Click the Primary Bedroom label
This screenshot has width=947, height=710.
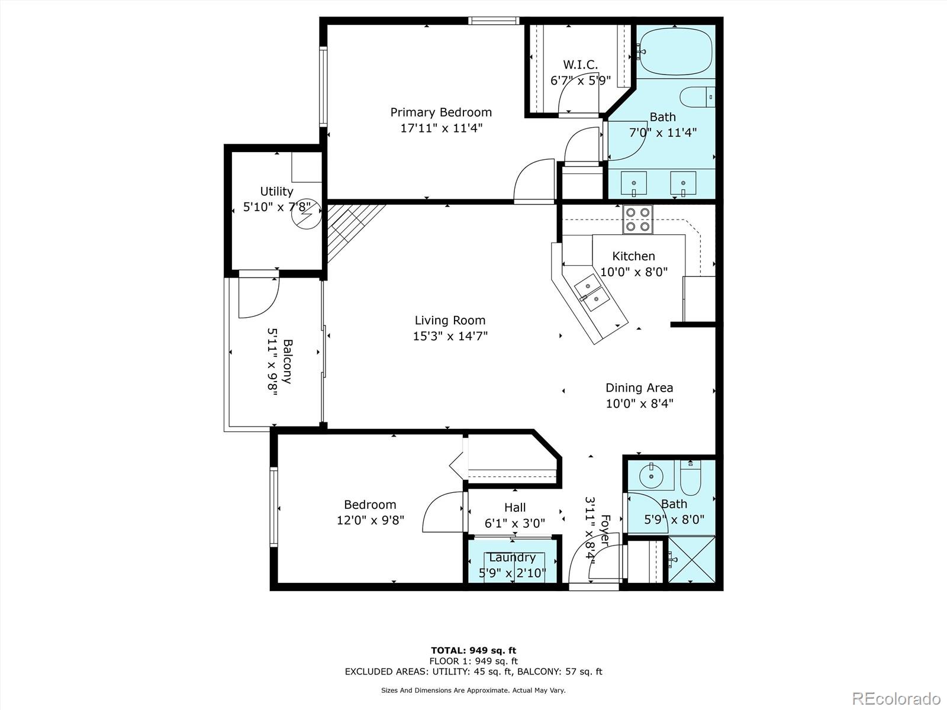coord(441,112)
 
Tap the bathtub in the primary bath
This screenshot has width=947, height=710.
coord(675,51)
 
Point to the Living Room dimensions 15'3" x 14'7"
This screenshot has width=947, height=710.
coord(450,336)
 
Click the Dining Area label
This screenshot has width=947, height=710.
coord(639,388)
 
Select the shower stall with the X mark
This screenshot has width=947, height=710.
coord(691,559)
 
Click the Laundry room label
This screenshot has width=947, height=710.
coord(513,557)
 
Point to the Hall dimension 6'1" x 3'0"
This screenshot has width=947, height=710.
coord(515,523)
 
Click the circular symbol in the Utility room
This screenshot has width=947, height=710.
coord(306,213)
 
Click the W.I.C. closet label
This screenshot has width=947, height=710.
coord(580,64)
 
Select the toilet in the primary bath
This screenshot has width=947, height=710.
coord(697,96)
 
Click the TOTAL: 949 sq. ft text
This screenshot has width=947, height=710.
coord(474,651)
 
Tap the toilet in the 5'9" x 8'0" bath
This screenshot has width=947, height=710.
coord(690,479)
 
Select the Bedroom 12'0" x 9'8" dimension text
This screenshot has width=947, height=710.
coord(371,520)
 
